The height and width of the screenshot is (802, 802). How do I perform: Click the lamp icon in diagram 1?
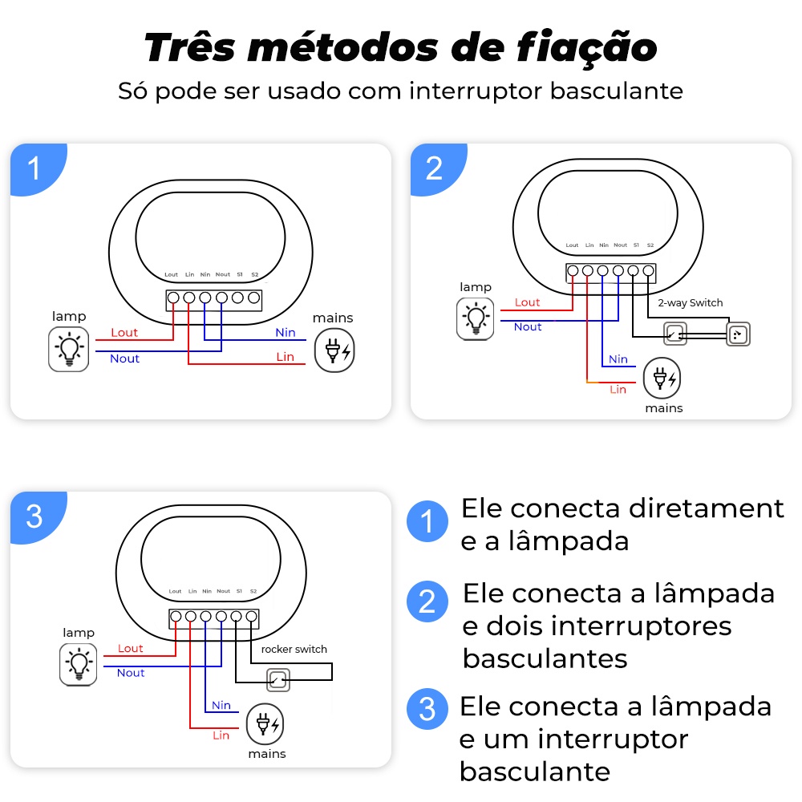click(69, 349)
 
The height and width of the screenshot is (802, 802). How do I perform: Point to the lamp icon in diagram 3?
click(79, 662)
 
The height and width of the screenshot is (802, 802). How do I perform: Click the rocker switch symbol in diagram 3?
click(277, 680)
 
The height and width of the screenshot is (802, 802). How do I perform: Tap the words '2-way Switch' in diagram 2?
click(690, 303)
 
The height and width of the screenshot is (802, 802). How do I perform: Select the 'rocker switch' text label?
click(294, 649)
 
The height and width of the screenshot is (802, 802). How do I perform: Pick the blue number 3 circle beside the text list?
click(427, 709)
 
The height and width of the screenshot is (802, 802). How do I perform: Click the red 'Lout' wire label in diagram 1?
click(124, 332)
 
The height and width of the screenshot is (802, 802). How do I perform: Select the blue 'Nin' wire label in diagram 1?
click(285, 332)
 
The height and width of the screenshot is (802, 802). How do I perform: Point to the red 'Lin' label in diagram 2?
click(618, 389)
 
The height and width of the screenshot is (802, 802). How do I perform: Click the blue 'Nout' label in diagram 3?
click(131, 673)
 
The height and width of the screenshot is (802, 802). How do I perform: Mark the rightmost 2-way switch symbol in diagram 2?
click(738, 334)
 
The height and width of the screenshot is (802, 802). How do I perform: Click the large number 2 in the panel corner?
click(434, 168)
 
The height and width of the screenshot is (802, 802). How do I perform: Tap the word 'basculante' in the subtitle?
click(616, 91)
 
